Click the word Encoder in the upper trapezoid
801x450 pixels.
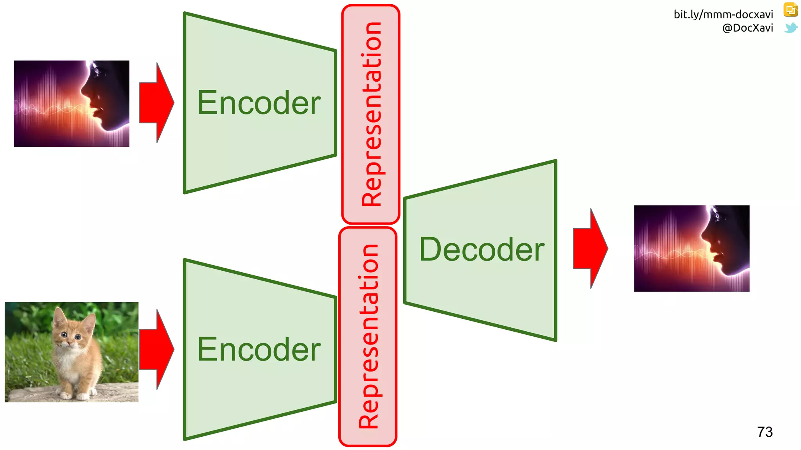coord(259,103)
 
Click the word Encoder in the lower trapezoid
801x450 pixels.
coord(259,350)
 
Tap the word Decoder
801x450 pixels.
coord(481,250)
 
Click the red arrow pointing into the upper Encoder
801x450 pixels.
coord(156,103)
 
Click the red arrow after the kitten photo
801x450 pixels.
coord(156,350)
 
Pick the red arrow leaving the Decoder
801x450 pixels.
coord(590,248)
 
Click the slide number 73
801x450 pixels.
coord(765,432)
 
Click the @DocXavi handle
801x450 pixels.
coord(747,28)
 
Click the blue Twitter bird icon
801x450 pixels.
coord(790,28)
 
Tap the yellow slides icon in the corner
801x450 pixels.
coord(790,10)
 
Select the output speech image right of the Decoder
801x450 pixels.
coord(691,248)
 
